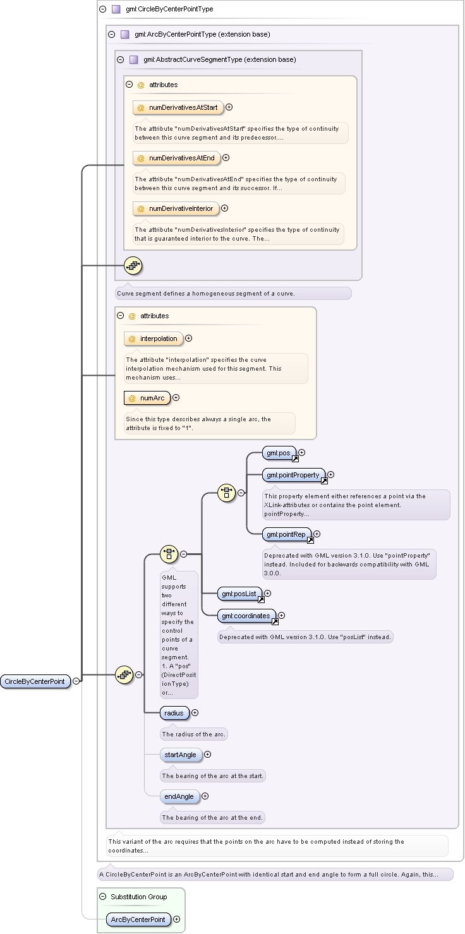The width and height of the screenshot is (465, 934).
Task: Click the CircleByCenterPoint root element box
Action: pos(35,681)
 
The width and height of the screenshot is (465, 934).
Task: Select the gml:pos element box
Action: pos(279,453)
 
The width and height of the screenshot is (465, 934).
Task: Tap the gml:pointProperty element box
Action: pos(294,475)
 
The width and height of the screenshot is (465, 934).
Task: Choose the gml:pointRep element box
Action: pos(286,534)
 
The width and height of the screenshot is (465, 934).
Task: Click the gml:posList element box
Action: pos(240,594)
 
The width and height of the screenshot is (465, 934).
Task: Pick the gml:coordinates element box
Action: pos(246,616)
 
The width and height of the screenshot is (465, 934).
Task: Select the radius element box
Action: pos(174,713)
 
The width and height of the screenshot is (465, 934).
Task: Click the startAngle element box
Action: pos(181,755)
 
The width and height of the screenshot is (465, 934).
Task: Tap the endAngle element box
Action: pos(179,796)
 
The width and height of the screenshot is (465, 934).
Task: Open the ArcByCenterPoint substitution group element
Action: pos(138,919)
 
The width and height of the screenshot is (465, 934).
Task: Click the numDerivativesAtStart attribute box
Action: pos(178,107)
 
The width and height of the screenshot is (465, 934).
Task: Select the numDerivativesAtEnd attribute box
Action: pos(176,158)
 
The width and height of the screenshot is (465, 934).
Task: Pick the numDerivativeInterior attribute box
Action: pos(176,208)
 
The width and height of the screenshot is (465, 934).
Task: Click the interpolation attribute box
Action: pos(154,338)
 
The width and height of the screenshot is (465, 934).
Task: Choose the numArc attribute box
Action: pos(147,398)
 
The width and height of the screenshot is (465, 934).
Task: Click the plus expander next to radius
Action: pos(195,713)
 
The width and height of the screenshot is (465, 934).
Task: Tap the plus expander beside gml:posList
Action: pos(268,594)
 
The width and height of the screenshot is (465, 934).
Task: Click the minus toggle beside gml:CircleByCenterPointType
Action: pos(102,9)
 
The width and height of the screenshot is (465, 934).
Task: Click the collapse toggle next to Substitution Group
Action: pos(102,897)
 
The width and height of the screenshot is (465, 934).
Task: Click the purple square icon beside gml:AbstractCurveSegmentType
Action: pos(134,59)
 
